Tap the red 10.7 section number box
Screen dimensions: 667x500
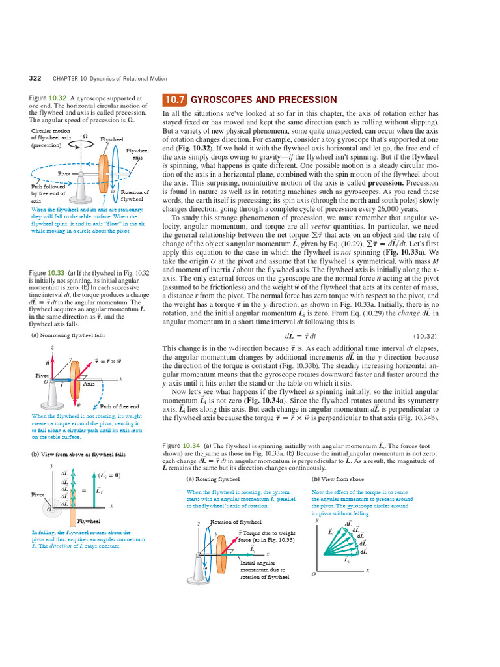pyautogui.click(x=174, y=100)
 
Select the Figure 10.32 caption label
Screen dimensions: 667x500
pyautogui.click(x=47, y=98)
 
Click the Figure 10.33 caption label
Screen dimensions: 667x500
pyautogui.click(x=47, y=272)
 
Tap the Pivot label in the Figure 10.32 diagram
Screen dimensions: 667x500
pyautogui.click(x=64, y=174)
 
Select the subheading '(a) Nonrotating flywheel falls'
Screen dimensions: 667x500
pyautogui.click(x=68, y=335)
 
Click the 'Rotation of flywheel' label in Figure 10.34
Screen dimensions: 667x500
pyautogui.click(x=236, y=522)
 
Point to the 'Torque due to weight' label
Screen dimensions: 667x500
pyautogui.click(x=267, y=533)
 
